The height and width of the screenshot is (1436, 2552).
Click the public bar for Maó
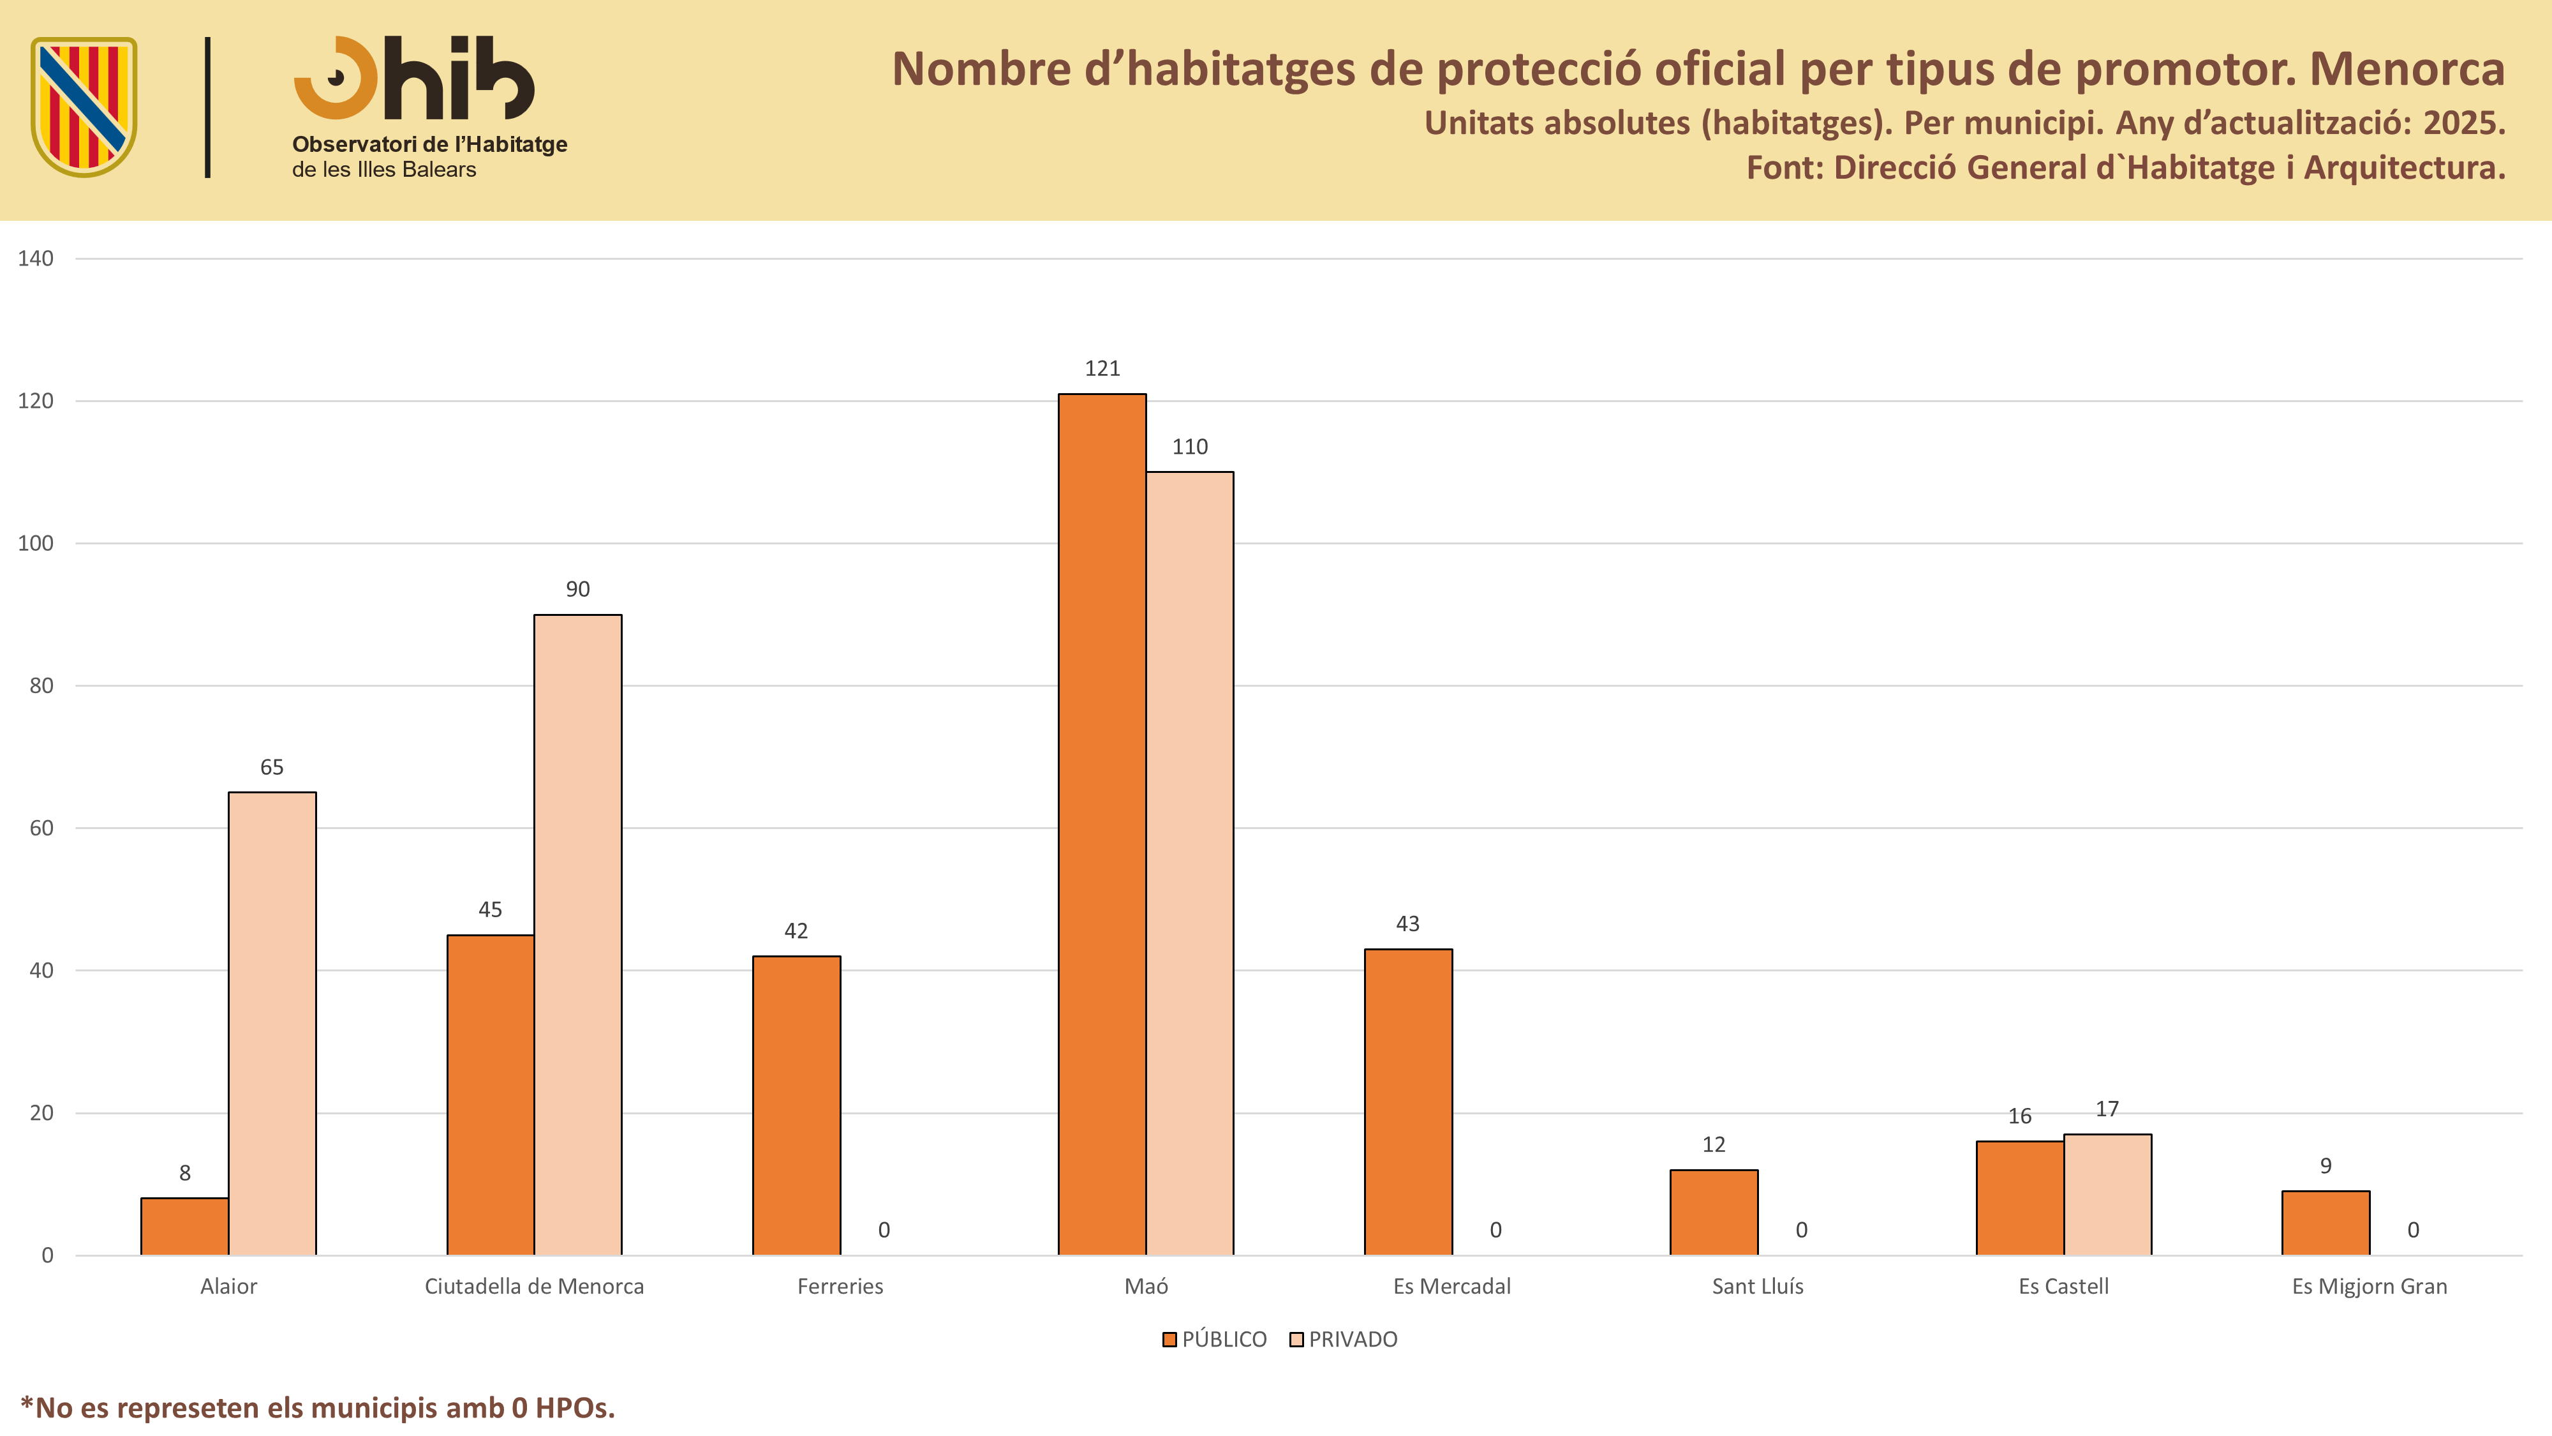[x=1102, y=825]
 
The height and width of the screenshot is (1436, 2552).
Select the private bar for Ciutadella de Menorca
[x=577, y=934]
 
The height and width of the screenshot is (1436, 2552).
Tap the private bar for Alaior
[x=272, y=1024]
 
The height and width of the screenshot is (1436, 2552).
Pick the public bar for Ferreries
[x=796, y=1106]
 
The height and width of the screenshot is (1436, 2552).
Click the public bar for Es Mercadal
[x=1408, y=1102]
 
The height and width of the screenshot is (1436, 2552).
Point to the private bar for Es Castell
[x=2107, y=1195]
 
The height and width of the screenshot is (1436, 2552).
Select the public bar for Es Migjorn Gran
[x=2325, y=1223]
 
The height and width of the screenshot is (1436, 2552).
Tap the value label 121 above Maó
[x=1102, y=369]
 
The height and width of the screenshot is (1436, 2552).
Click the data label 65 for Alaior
[x=272, y=767]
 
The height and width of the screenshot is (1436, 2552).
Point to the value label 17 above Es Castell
[x=2107, y=1109]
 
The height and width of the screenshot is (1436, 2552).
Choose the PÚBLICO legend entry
[x=1215, y=1340]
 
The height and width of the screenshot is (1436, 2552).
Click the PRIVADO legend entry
[x=1344, y=1340]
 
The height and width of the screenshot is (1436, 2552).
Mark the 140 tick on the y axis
[x=36, y=258]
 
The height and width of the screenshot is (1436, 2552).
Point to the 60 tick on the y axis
[x=41, y=828]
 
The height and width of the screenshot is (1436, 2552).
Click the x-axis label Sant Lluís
[x=1758, y=1287]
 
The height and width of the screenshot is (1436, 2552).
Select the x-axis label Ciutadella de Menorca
[x=534, y=1287]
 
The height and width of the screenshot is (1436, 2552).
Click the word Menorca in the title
[x=2407, y=70]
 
